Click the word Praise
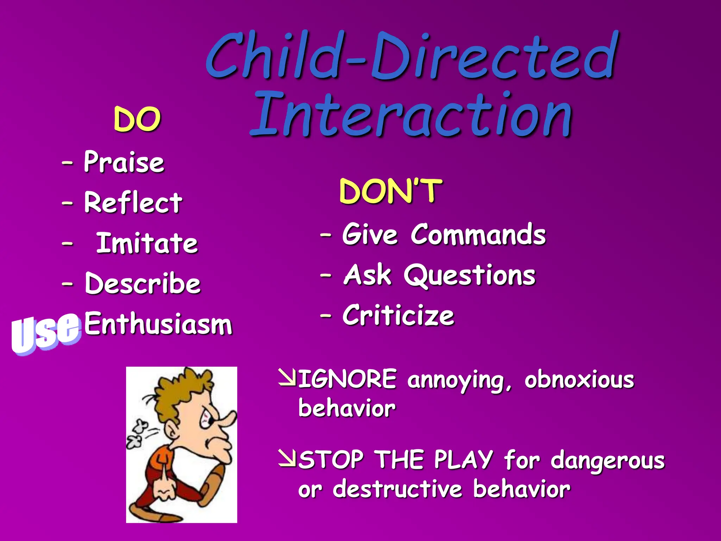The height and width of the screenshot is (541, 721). point(124,162)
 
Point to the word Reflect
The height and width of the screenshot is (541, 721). point(133,203)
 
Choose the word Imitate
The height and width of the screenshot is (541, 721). point(147,243)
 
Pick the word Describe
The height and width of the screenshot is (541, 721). point(143,283)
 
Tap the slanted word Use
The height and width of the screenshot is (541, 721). point(45,333)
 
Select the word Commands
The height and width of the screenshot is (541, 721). point(478,235)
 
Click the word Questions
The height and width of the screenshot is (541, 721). point(470,275)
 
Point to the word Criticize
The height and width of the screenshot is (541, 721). point(398,316)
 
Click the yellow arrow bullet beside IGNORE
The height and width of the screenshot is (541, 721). point(287,378)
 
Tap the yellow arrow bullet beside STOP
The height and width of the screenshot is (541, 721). point(287,458)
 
